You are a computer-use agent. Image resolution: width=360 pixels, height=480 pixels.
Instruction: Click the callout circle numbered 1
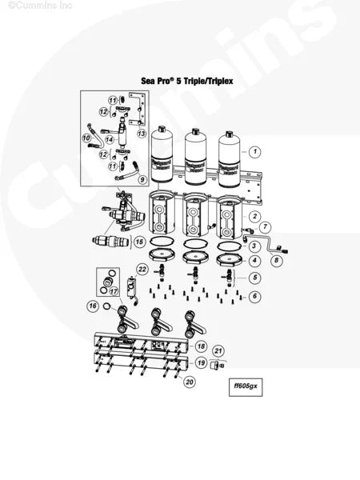[x=254, y=150]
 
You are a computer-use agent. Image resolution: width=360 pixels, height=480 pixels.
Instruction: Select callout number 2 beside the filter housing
[x=254, y=216]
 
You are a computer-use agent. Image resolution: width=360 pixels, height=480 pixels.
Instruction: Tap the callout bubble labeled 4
[x=254, y=260]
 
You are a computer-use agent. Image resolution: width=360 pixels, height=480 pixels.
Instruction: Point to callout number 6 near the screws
[x=254, y=296]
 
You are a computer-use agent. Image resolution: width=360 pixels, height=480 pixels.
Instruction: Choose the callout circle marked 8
[x=277, y=260]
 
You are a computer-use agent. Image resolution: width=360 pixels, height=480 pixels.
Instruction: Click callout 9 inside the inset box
[x=142, y=179]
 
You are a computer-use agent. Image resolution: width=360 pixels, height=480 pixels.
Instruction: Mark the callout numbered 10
[x=87, y=138]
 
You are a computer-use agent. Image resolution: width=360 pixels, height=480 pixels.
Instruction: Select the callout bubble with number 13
[x=141, y=133]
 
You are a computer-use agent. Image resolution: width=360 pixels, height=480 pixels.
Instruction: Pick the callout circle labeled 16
[x=94, y=306]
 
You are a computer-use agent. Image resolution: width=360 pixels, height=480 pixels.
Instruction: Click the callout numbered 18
[x=202, y=346]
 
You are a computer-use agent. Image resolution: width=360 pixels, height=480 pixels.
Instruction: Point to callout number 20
[x=190, y=382]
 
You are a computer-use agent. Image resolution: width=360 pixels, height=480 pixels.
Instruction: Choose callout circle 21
[x=218, y=350]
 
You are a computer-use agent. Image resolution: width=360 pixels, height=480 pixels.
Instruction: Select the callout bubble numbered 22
[x=142, y=269]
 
